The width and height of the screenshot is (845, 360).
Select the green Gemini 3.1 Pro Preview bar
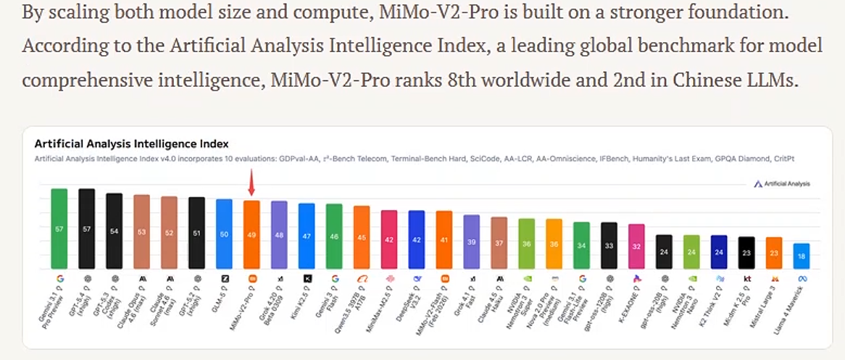59,227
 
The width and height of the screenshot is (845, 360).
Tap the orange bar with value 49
251,233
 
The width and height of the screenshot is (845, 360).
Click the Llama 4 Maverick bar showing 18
801,256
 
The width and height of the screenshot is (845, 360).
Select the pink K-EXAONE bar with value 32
636,246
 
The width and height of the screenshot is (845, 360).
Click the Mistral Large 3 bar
774,252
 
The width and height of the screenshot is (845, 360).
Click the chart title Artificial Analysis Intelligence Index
131,143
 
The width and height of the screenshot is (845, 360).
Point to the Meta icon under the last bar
802,278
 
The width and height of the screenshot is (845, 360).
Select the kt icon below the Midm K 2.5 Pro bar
746,278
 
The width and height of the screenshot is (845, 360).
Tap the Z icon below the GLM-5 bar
224,278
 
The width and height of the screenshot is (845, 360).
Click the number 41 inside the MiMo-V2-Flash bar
444,240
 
